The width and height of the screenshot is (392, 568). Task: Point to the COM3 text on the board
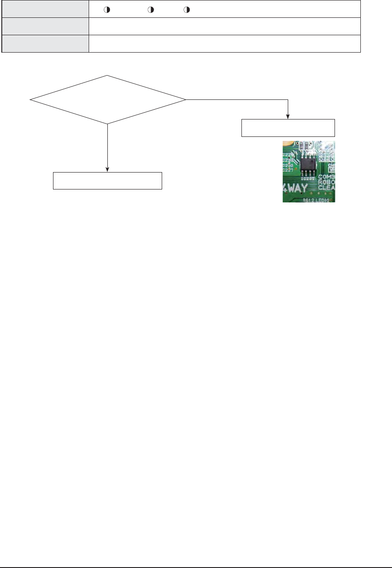tap(327, 177)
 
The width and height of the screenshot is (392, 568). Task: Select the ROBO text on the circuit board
tap(327, 182)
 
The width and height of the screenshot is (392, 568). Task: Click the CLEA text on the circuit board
tap(327, 188)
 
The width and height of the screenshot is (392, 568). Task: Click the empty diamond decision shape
tap(108, 99)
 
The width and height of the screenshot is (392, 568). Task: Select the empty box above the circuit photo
tap(288, 128)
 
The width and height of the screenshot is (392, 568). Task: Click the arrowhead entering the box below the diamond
tap(108, 169)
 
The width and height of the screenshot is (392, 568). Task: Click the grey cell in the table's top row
tap(45, 9)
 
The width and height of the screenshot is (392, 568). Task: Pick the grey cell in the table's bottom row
tap(45, 44)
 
